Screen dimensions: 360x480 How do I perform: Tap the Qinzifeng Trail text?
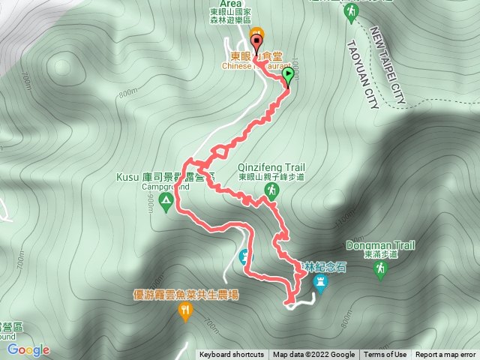click(270, 169)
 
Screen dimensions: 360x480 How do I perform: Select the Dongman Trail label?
click(380, 245)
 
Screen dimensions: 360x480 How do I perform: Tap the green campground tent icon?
click(166, 204)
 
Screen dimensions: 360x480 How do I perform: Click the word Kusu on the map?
click(124, 177)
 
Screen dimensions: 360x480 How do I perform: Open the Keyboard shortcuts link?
click(231, 355)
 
